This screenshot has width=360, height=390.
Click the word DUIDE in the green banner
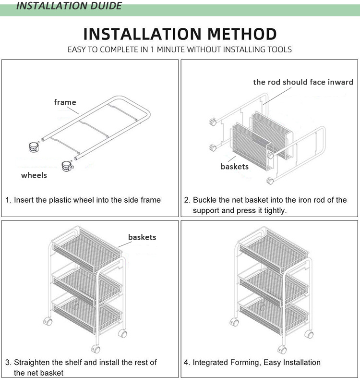coord(106,5)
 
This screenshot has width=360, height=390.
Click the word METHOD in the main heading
coord(242,34)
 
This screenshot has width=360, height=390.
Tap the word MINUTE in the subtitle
coord(171,49)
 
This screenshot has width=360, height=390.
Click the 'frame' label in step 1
coord(65,102)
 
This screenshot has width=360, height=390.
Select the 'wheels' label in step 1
coord(34,175)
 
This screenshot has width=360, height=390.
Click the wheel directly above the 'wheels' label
coord(34,147)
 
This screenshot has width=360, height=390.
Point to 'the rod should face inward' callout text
coord(303,82)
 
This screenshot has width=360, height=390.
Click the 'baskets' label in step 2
coord(235,166)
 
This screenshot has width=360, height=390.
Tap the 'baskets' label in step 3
coord(142,237)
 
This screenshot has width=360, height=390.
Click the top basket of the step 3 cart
coord(87,249)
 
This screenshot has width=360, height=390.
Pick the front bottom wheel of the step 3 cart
coord(96,349)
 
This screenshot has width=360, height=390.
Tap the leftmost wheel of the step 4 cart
coord(234,322)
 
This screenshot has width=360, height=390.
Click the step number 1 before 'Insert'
coord(8,200)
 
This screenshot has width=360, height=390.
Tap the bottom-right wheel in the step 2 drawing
coord(270,181)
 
